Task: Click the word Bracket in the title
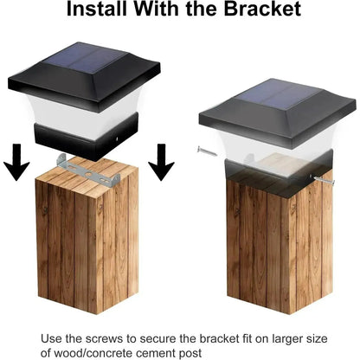(x=262, y=9)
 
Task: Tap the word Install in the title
(x=98, y=9)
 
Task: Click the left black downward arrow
(x=16, y=163)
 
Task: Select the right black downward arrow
(x=162, y=163)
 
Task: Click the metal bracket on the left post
(x=88, y=172)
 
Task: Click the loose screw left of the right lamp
(x=207, y=151)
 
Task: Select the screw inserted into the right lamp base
(x=325, y=180)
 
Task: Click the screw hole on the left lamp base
(x=118, y=139)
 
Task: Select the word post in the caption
(x=191, y=353)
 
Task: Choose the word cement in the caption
(x=157, y=354)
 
